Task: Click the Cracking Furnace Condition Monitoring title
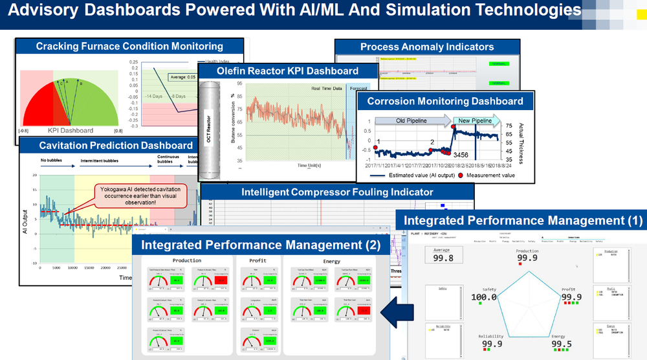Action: pyautogui.click(x=129, y=46)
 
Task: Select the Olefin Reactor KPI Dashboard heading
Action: pyautogui.click(x=278, y=71)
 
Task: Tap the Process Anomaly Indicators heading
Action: pyautogui.click(x=427, y=47)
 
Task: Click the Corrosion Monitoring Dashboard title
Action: pyautogui.click(x=445, y=101)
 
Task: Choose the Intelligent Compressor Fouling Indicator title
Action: pyautogui.click(x=337, y=192)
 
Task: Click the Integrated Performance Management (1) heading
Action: pyautogui.click(x=523, y=220)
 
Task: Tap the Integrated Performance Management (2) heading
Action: pyautogui.click(x=261, y=245)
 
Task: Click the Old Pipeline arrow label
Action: pyautogui.click(x=408, y=120)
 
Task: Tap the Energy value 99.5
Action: pyautogui.click(x=561, y=344)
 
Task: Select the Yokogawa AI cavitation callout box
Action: pyautogui.click(x=140, y=195)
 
